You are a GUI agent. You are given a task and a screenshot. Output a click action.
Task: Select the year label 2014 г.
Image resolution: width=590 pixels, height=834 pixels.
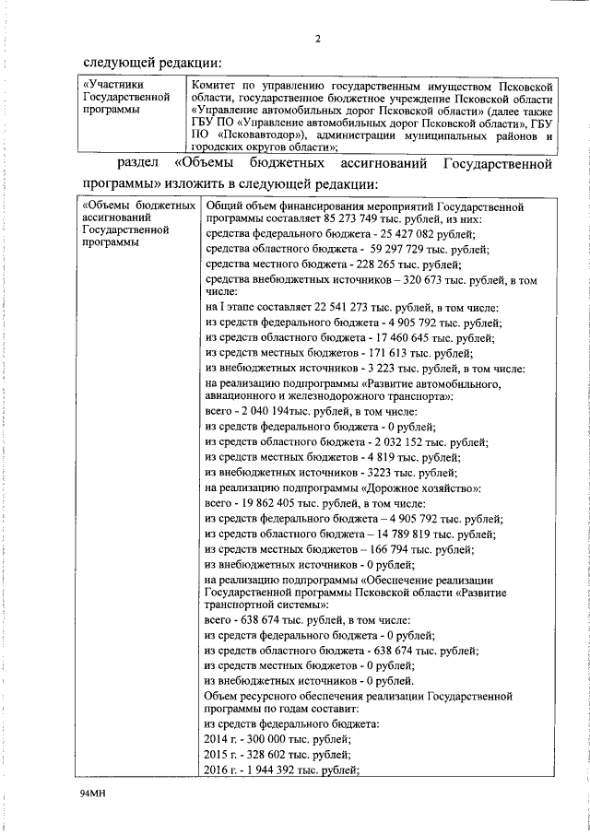(222, 740)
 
